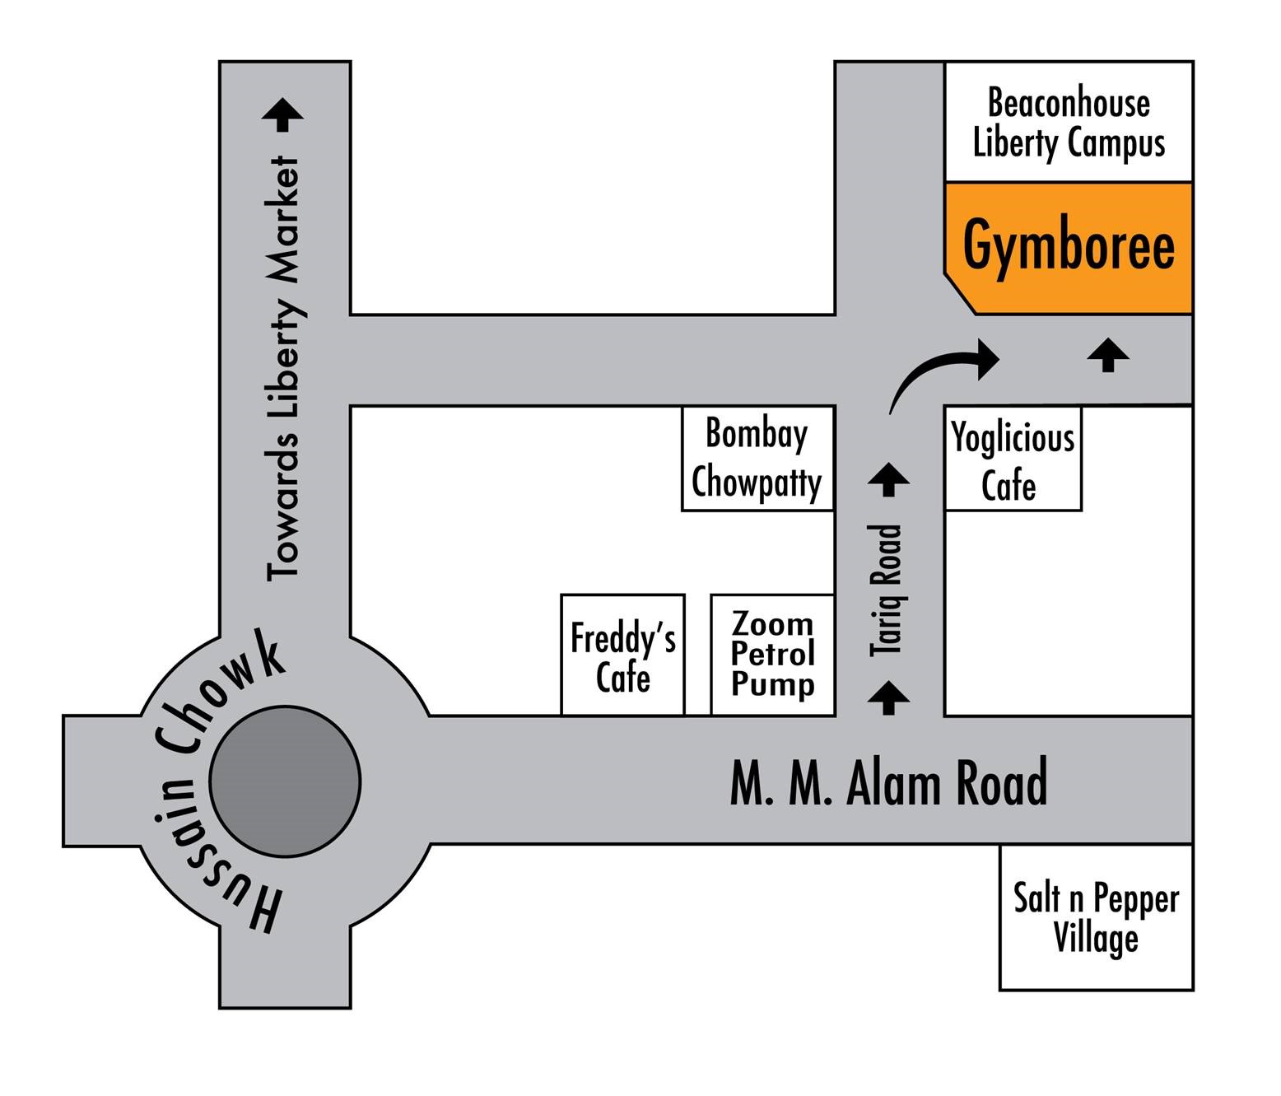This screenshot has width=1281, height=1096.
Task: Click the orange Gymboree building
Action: tap(1068, 247)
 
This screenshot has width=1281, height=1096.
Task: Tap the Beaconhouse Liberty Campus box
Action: tap(1069, 122)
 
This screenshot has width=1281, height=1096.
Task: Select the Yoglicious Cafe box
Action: tap(1013, 459)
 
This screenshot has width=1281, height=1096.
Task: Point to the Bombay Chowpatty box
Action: tap(757, 458)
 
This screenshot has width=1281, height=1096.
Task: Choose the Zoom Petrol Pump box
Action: tap(772, 655)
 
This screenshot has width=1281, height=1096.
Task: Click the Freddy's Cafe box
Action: tap(622, 655)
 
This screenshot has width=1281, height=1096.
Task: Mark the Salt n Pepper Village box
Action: tap(1096, 917)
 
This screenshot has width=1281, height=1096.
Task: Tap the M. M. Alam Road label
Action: tap(888, 783)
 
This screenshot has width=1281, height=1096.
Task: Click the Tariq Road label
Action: tap(887, 590)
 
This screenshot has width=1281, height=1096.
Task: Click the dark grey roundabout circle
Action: tap(285, 781)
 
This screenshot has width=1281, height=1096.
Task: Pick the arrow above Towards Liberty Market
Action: tap(282, 114)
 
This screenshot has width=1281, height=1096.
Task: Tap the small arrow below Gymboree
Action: tap(1108, 355)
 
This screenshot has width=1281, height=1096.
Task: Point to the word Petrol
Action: tap(772, 654)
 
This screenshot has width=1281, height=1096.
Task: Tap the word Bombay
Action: tap(757, 434)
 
